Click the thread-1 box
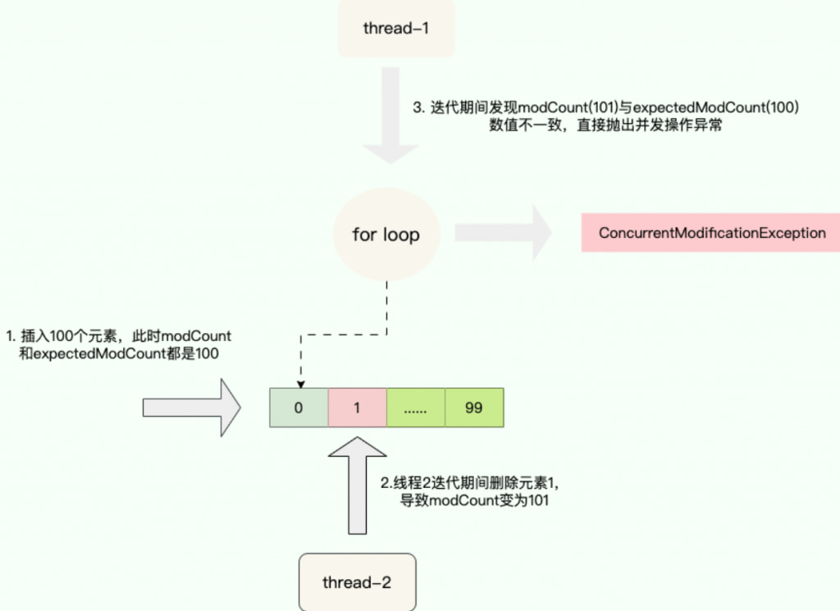(396, 29)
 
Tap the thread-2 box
(357, 582)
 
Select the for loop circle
(386, 235)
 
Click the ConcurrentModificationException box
(711, 233)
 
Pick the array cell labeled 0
(299, 408)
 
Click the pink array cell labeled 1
(357, 408)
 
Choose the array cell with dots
(415, 408)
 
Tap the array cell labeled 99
(473, 408)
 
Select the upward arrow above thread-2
(357, 488)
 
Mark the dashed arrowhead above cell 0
(300, 383)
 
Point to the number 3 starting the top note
(417, 108)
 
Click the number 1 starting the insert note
(10, 336)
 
